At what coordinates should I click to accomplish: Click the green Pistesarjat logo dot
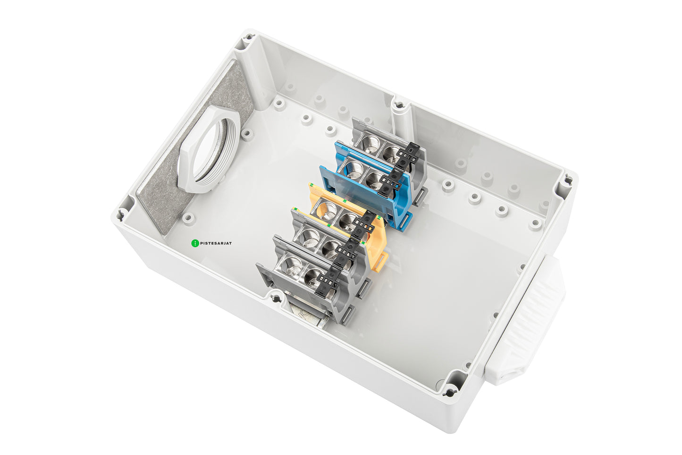pyautogui.click(x=195, y=243)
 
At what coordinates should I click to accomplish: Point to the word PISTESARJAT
pyautogui.click(x=216, y=243)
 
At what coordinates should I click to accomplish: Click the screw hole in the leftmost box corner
pyautogui.click(x=121, y=215)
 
